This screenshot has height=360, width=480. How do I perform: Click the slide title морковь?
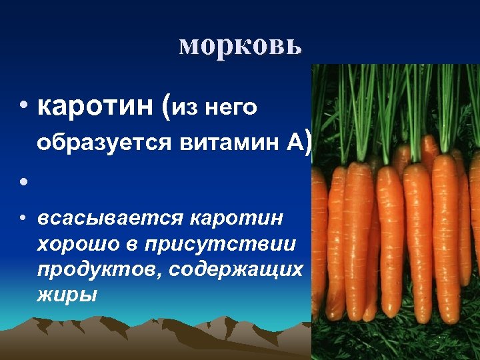tap(241, 45)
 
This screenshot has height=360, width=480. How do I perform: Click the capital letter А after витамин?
tap(293, 141)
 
